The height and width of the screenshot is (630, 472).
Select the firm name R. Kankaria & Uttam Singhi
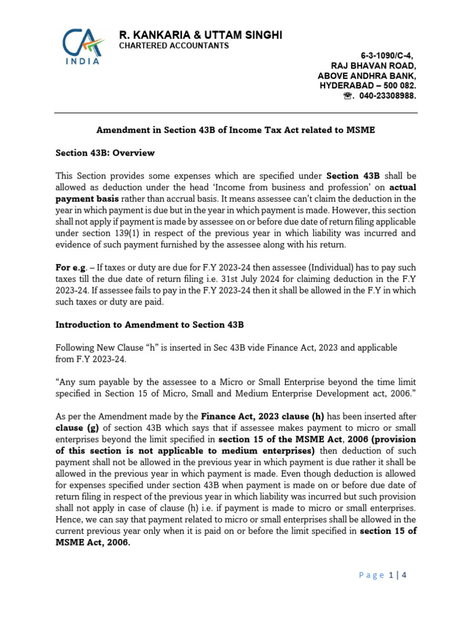pos(200,36)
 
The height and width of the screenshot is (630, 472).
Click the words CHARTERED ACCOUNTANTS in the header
pos(173,46)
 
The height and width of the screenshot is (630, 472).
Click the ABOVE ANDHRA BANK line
pos(366,76)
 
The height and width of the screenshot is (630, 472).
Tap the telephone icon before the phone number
pos(348,97)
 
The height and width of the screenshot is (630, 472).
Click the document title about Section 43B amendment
pos(235,130)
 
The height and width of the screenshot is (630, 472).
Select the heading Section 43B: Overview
pos(105,153)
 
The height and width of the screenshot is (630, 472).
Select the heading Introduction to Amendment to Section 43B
pos(150,324)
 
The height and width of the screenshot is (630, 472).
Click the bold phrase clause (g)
pos(77,428)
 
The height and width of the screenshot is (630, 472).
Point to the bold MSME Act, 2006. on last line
pos(93,543)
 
